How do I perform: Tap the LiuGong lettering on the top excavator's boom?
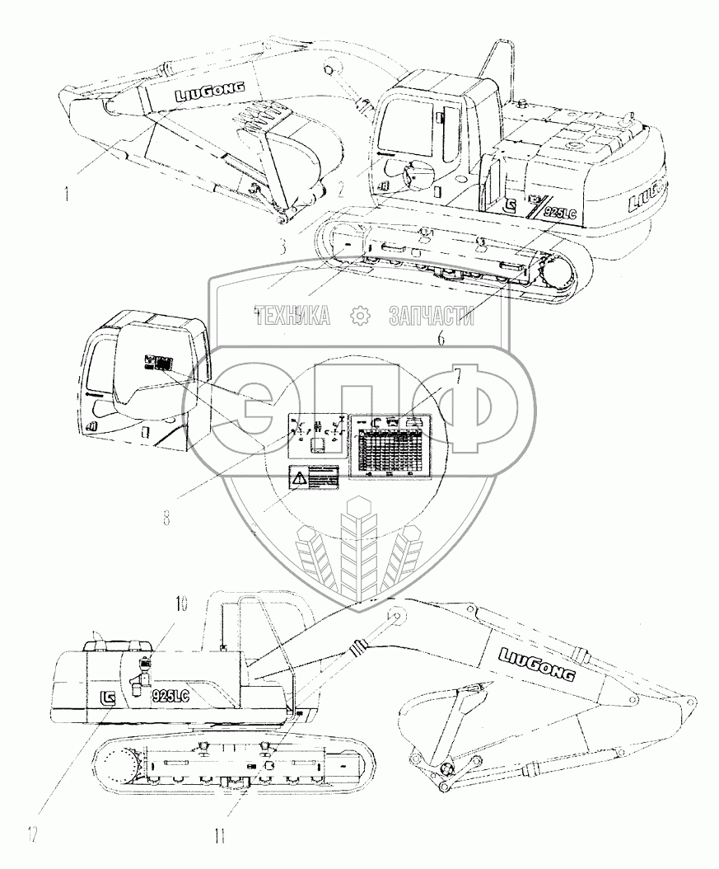202,93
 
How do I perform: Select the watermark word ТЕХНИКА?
293,316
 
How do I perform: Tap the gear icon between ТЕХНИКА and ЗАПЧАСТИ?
360,316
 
